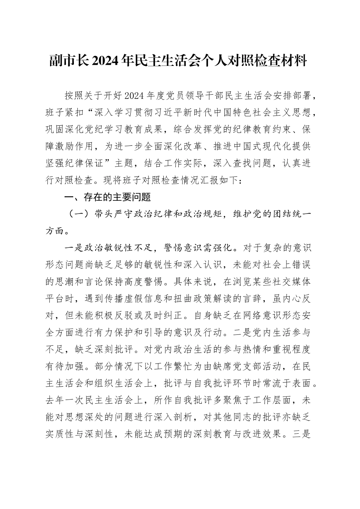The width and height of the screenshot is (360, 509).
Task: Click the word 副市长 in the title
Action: tap(69, 60)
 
